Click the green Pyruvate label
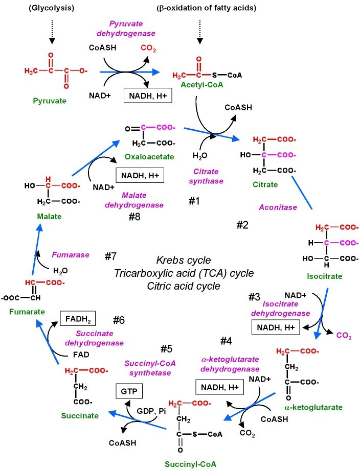50,101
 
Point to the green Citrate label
266,184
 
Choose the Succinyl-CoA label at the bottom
191,464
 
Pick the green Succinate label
80,415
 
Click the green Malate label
49,217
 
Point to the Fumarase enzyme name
71,254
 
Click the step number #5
167,349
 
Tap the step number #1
194,201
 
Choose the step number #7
111,255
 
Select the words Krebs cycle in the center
184,260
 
